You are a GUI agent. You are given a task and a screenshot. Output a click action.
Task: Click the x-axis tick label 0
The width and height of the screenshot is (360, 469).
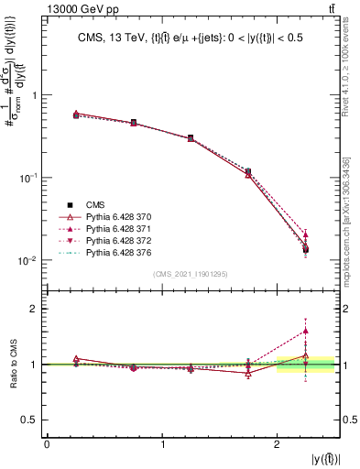pyautogui.click(x=47, y=444)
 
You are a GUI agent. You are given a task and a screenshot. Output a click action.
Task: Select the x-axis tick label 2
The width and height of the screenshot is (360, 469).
pyautogui.click(x=278, y=444)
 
